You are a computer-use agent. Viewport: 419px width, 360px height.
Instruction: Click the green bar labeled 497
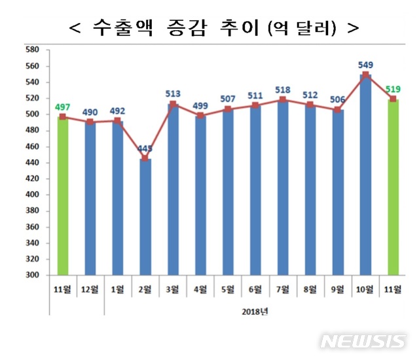[63, 196]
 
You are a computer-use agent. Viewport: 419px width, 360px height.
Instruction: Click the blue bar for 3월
[173, 190]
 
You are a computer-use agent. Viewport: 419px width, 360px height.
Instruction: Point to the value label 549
[365, 65]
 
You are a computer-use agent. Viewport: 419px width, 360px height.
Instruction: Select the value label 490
[90, 111]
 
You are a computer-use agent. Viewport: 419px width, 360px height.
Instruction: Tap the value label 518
[283, 89]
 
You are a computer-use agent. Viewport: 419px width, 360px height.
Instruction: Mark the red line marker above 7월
[283, 99]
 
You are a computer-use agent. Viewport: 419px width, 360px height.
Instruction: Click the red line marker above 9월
[338, 110]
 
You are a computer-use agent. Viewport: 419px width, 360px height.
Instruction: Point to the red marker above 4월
[200, 116]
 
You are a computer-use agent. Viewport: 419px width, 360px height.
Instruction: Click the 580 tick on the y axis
[33, 50]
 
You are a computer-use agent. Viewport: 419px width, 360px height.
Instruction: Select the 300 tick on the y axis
[33, 276]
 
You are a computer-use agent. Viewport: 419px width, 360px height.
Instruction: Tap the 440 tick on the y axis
[33, 162]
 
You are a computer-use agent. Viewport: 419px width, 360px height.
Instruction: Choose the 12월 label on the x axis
[90, 289]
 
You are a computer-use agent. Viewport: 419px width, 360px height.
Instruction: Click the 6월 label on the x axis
[255, 289]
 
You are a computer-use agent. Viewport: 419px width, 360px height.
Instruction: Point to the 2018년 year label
[255, 312]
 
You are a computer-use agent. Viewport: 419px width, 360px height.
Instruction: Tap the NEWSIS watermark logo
[363, 342]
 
